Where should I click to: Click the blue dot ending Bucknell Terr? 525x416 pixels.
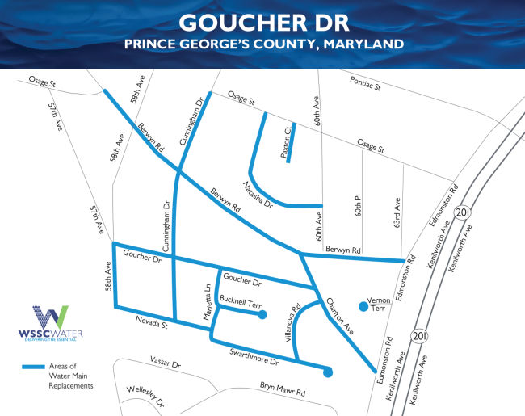click(x=262, y=315)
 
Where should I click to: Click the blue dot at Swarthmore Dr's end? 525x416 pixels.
click(x=327, y=372)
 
